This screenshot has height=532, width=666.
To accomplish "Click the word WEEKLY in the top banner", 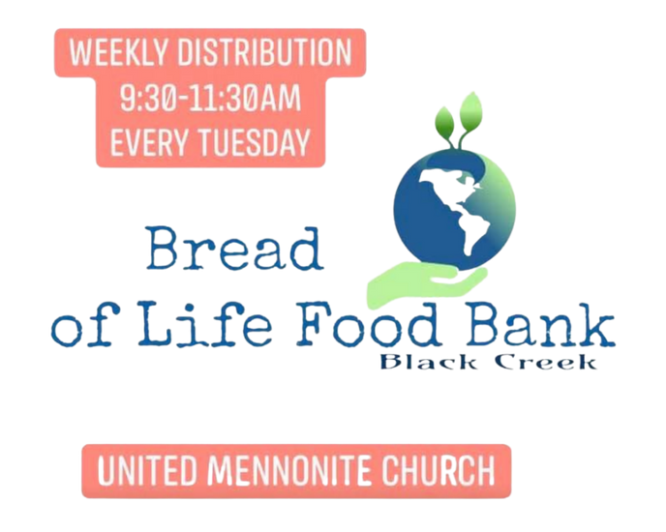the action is point(119,52).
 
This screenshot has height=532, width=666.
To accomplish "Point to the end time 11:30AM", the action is point(245,99).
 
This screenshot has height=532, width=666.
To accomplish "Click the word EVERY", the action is point(149,142).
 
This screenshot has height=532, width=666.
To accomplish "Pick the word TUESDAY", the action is point(255,142).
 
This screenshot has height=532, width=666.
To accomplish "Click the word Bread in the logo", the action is point(234,249).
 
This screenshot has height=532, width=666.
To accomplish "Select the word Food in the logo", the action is point(368,323).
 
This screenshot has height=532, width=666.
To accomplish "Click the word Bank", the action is point(540,323).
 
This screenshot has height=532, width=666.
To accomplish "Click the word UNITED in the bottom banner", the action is point(147,470).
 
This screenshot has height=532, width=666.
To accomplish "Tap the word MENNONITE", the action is point(288,470).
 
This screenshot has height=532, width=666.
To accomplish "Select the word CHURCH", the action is point(438,470).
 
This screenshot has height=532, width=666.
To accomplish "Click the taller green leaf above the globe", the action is point(469,111).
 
